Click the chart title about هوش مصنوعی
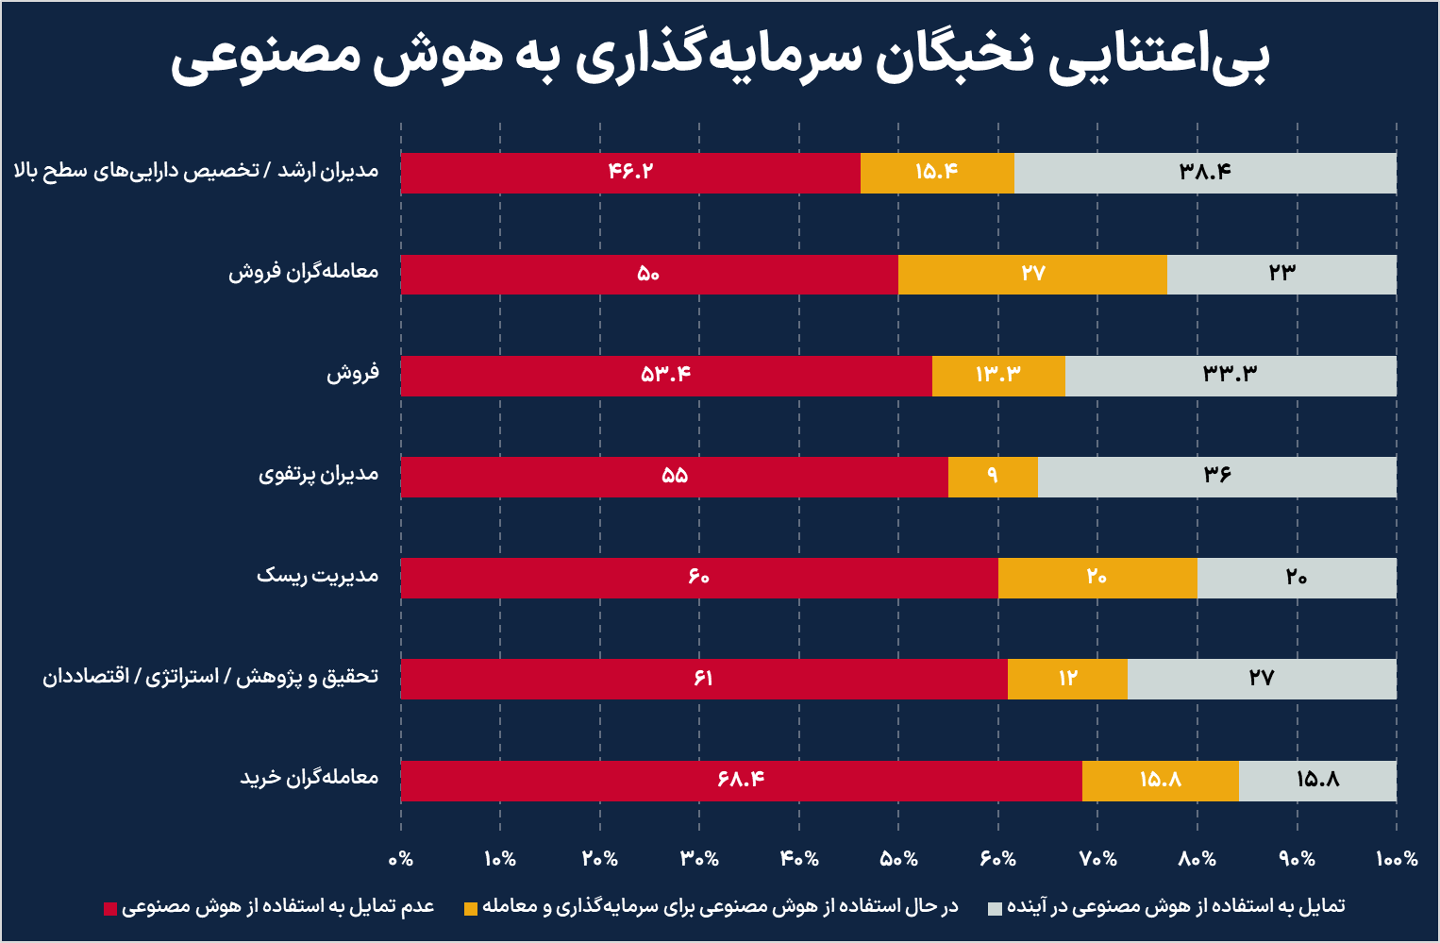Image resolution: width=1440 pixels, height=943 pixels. [720, 59]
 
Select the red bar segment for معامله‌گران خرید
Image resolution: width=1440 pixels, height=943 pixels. [741, 781]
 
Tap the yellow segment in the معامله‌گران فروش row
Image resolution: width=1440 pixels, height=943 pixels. [1032, 274]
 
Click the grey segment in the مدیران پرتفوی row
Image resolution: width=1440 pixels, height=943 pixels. [1216, 477]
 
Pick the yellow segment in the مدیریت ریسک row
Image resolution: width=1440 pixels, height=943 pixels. [1097, 578]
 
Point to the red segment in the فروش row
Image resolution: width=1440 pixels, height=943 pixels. [665, 376]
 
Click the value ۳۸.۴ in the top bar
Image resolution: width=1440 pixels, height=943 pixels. [1205, 172]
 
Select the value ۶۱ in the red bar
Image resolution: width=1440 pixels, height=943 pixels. [703, 679]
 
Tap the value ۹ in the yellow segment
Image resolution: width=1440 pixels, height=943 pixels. [992, 476]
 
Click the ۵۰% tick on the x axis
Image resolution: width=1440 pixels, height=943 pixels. [898, 859]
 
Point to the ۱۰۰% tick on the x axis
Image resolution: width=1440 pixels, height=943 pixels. [1396, 859]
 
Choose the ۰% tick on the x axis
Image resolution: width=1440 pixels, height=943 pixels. [401, 859]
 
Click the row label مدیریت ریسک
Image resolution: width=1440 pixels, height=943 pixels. [317, 576]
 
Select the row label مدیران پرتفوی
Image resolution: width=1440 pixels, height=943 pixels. [318, 474]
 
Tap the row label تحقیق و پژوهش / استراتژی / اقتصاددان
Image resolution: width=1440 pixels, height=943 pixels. [209, 677]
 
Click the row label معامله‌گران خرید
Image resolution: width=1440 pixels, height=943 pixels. [309, 778]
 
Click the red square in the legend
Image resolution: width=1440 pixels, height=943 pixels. [110, 908]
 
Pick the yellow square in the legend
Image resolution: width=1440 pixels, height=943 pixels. [471, 908]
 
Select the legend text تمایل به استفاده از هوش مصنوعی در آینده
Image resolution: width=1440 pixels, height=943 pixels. [1175, 906]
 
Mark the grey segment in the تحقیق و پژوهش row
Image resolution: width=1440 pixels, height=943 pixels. [1262, 679]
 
